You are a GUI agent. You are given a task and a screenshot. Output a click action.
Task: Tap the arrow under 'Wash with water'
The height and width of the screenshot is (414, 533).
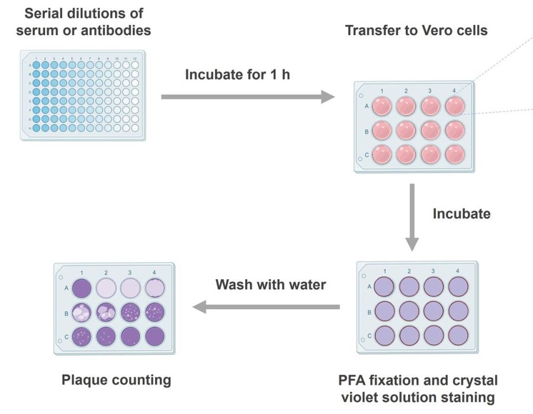(x=266, y=306)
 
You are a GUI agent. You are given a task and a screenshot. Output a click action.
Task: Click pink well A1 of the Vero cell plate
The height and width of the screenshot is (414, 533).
(x=381, y=107)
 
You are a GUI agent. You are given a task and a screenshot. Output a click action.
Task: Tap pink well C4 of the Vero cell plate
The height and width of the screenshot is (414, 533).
(x=454, y=154)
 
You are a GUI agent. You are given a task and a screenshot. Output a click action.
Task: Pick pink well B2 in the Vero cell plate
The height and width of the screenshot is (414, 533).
(x=406, y=131)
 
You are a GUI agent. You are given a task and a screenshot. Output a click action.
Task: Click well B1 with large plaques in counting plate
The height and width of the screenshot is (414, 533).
(x=82, y=312)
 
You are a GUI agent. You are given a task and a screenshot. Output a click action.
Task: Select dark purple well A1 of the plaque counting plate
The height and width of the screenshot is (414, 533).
(x=82, y=288)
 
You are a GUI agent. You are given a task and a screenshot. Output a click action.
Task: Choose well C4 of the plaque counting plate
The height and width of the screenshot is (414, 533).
(x=155, y=335)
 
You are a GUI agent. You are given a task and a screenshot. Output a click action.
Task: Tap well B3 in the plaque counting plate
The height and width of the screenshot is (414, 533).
(x=131, y=312)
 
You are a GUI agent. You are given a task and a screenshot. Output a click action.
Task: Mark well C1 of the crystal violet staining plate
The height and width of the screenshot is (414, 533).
(x=385, y=335)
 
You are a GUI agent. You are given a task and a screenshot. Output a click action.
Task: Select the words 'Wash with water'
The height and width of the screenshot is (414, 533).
(x=270, y=285)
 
